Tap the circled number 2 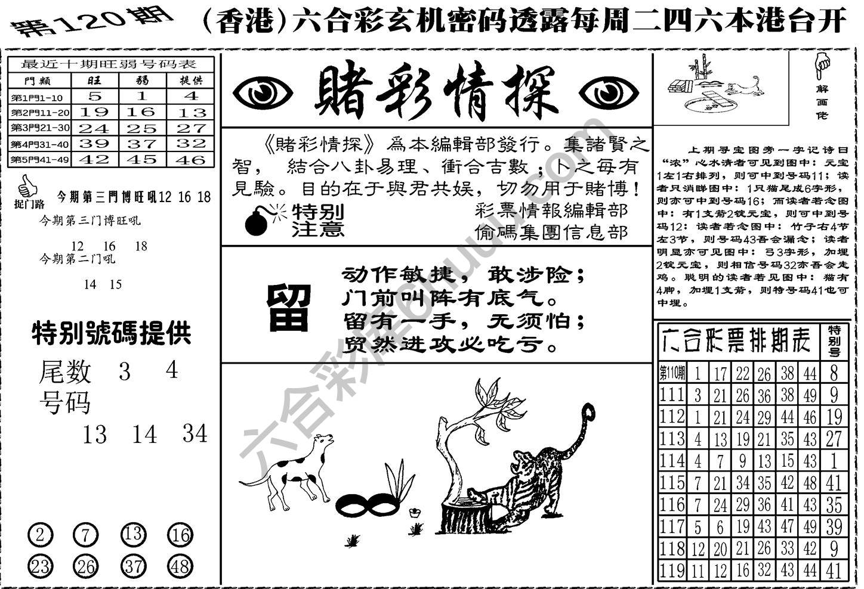(x=39, y=535)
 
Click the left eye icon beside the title (x=263, y=92)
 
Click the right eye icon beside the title (x=609, y=92)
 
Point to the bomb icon (x=258, y=221)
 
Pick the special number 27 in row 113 (x=834, y=439)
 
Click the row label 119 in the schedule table (x=672, y=570)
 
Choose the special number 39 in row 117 (x=834, y=526)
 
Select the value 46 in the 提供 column (x=190, y=160)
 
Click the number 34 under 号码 (x=195, y=434)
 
